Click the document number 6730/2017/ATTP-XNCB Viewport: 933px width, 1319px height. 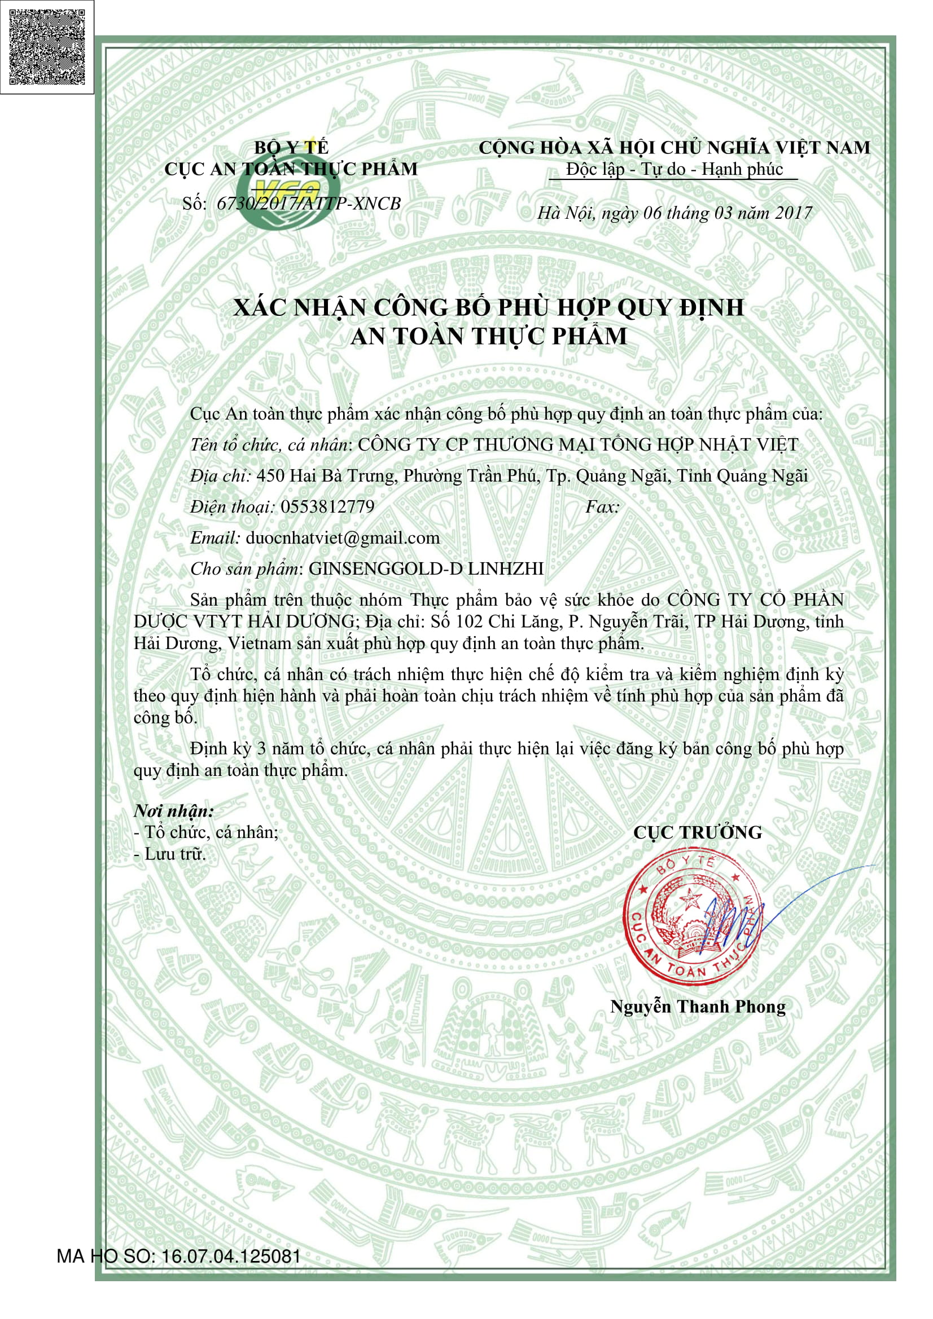(x=308, y=204)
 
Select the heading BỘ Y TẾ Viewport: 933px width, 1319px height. (x=291, y=148)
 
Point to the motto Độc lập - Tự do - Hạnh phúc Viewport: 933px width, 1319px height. (x=674, y=170)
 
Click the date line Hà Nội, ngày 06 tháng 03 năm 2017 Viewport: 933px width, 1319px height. (x=674, y=213)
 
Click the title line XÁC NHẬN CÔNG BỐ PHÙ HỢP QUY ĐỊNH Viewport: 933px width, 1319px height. (x=489, y=308)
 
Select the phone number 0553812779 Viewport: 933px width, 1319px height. (x=327, y=507)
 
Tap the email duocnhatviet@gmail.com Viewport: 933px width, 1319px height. (x=342, y=538)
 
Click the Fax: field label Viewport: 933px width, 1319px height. (x=602, y=507)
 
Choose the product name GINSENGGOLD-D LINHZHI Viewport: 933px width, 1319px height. (x=426, y=569)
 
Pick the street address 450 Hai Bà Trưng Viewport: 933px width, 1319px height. (x=325, y=476)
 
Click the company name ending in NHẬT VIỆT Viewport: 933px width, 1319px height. (x=578, y=444)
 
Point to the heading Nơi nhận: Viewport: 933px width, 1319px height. (x=174, y=811)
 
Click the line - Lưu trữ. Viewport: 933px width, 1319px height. (x=169, y=854)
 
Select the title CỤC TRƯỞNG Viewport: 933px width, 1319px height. (x=697, y=832)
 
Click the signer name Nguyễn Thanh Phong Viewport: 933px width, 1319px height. (x=697, y=1007)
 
